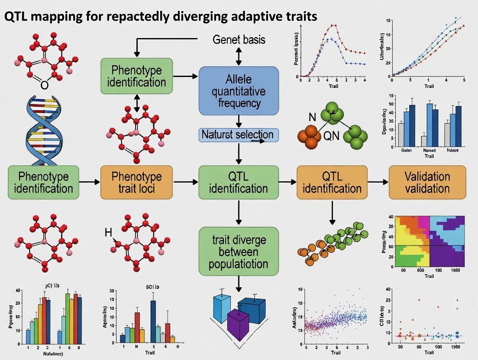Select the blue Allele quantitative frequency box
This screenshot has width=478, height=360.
pos(238,90)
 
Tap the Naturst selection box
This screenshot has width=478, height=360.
pos(238,135)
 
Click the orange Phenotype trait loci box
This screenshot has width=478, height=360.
pos(136,182)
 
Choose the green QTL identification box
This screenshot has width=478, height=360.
pos(238,182)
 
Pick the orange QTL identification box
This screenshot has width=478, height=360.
pos(332,182)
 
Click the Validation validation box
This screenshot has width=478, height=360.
pos(427,182)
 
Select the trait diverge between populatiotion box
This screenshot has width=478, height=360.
pos(238,252)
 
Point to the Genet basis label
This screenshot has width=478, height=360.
pos(239,40)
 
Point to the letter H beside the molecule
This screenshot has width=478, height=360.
pos(108,233)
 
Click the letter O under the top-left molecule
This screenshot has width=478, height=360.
pos(44,85)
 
